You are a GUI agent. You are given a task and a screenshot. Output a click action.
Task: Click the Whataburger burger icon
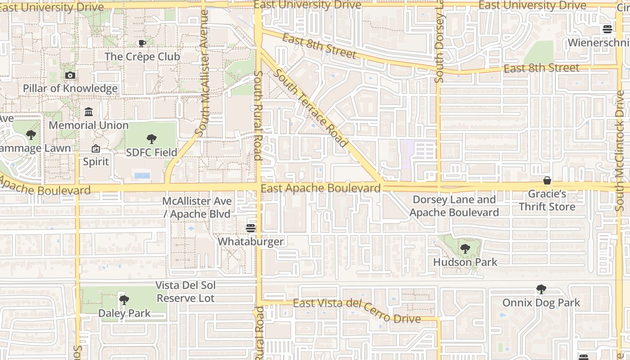(251, 228)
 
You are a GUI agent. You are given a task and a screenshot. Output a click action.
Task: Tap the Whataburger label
(251, 242)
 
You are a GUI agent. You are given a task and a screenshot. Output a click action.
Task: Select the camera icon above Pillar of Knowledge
(70, 75)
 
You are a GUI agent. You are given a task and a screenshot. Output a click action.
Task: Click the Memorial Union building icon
(89, 112)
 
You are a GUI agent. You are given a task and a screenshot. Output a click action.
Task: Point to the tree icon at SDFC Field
(152, 139)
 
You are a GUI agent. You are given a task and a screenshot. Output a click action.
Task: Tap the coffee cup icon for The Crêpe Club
(142, 43)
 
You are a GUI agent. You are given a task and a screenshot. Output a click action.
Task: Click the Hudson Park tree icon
(465, 248)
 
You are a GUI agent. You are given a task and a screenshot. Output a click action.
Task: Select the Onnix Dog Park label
(541, 302)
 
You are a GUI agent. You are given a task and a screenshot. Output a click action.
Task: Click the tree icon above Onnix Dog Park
(541, 289)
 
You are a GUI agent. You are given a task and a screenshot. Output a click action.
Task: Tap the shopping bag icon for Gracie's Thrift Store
(547, 180)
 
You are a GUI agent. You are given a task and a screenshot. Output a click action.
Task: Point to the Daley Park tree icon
(124, 299)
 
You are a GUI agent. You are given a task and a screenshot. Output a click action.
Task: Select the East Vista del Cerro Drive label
(357, 310)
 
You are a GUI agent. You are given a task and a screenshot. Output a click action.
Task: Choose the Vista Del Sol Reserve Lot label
(186, 292)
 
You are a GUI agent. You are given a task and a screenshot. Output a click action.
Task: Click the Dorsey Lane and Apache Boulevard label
(454, 206)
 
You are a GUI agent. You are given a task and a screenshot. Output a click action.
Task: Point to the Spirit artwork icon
(96, 148)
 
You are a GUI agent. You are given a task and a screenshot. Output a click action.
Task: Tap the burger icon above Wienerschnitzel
(607, 29)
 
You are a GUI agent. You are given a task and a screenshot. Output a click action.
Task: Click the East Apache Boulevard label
(320, 188)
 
